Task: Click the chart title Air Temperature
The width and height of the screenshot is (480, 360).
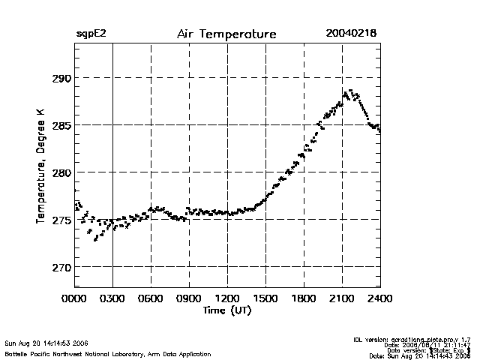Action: [226, 34]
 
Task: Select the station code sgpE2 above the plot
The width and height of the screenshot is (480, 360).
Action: [91, 34]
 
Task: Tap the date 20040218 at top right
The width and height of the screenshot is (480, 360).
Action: [351, 34]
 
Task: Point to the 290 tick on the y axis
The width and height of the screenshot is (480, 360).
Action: [60, 78]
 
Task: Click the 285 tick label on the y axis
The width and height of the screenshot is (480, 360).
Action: [60, 125]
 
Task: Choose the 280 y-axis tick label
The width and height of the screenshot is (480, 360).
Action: [60, 172]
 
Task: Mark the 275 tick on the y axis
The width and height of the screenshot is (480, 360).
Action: [60, 220]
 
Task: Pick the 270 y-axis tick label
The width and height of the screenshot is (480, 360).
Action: [60, 267]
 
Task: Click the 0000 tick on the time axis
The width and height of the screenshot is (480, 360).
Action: [74, 298]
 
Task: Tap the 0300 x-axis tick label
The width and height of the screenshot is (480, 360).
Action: [112, 298]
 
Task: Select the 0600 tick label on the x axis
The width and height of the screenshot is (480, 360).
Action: [151, 298]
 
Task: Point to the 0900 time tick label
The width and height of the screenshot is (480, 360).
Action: [189, 298]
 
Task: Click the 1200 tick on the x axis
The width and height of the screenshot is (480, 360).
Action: [227, 298]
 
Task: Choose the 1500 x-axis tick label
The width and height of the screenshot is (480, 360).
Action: [265, 298]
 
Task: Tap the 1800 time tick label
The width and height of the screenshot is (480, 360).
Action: [304, 298]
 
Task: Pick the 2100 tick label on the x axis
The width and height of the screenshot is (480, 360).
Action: [342, 298]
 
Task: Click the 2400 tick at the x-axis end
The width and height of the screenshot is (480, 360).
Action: [379, 298]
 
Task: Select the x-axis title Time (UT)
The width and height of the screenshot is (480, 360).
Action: [226, 309]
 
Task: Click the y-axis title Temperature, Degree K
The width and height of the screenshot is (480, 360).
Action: [40, 165]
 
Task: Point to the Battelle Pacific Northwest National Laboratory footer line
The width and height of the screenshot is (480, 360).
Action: [107, 353]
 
